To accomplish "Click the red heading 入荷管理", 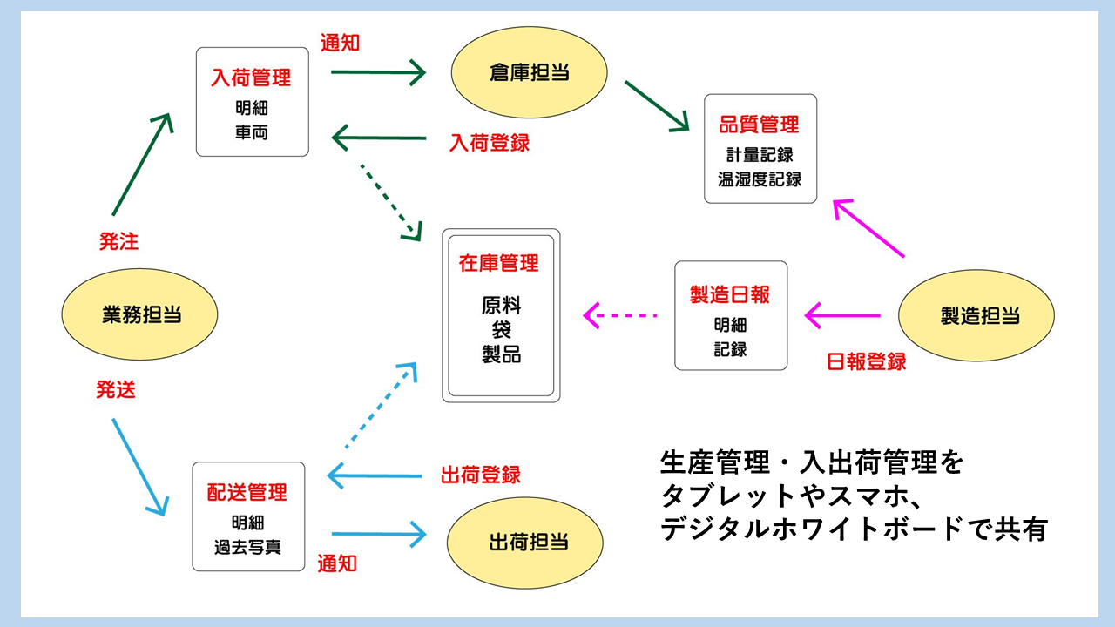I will tap(251, 78).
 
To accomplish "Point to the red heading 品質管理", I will tap(759, 125).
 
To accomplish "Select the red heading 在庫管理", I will tap(499, 263).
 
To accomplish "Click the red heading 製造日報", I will tap(730, 294).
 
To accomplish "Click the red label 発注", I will tap(118, 242).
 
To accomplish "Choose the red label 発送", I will tap(116, 391).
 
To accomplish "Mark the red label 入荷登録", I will tap(490, 143).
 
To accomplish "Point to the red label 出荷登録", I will tap(481, 475).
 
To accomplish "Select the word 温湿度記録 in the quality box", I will tap(760, 180).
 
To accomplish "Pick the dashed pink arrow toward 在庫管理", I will tap(619, 314).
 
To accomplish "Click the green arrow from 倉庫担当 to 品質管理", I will tap(656, 106).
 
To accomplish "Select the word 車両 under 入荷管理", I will tap(251, 132).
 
